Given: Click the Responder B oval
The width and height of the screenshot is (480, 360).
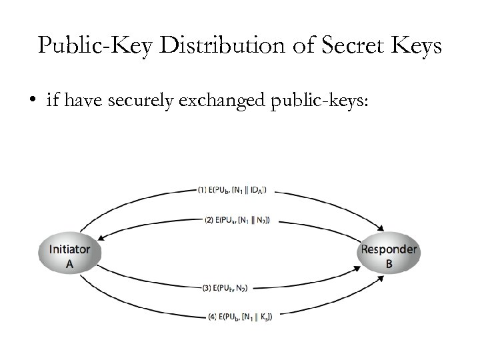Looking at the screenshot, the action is [389, 256].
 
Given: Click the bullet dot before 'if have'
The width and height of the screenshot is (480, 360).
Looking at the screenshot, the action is [31, 102].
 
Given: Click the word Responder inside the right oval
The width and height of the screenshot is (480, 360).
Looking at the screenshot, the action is [389, 249].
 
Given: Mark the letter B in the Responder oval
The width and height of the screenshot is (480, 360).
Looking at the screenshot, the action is [389, 263].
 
